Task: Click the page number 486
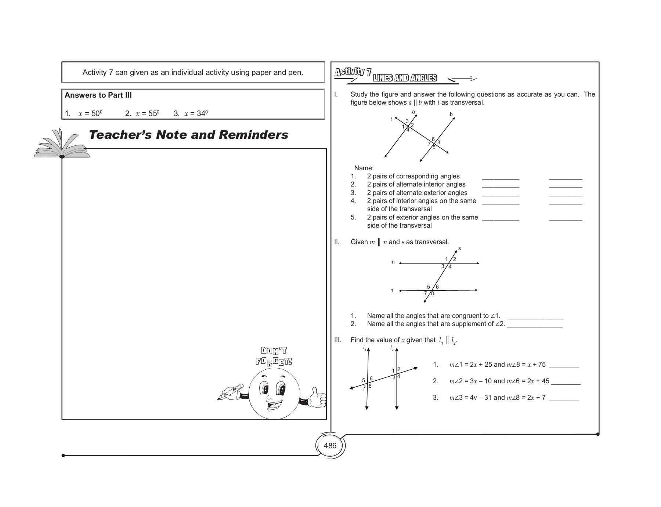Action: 330,446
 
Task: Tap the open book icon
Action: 61,145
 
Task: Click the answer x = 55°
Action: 142,113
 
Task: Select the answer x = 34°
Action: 191,113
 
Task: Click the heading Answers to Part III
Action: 98,95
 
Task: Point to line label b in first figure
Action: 451,115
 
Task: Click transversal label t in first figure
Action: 391,119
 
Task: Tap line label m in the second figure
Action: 392,262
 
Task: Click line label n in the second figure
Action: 391,290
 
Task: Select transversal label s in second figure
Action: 459,249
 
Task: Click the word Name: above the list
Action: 364,168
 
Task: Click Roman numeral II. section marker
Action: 337,242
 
